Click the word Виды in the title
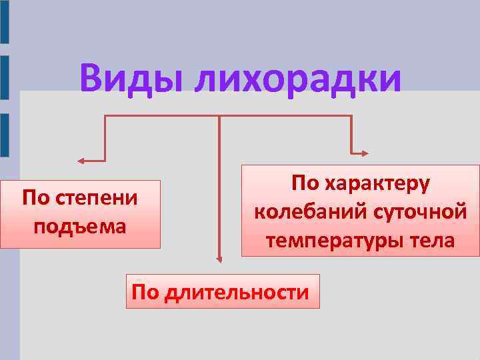pos(131,79)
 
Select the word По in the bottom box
pos(144,291)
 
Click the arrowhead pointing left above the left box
pos(81,161)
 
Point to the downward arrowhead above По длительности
pos(218,260)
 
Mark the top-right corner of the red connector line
pos(351,116)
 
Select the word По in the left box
pos(35,198)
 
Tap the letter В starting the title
pos(93,79)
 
